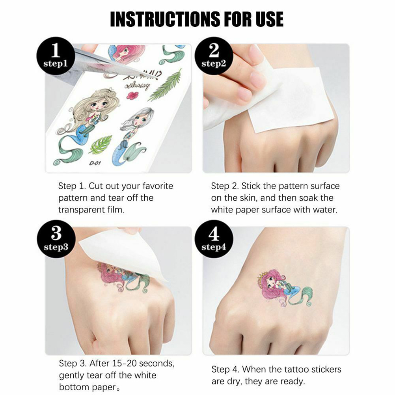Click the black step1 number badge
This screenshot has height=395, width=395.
(56, 56)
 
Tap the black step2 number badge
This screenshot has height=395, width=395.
(214, 56)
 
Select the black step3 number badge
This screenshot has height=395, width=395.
(56, 239)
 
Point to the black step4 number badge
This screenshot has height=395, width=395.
(214, 239)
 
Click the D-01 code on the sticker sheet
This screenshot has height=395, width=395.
(95, 163)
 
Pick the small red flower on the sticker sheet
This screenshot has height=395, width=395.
(132, 95)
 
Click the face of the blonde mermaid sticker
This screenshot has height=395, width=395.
(99, 105)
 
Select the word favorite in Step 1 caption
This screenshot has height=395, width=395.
(158, 186)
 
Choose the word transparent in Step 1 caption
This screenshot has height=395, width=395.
(82, 210)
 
